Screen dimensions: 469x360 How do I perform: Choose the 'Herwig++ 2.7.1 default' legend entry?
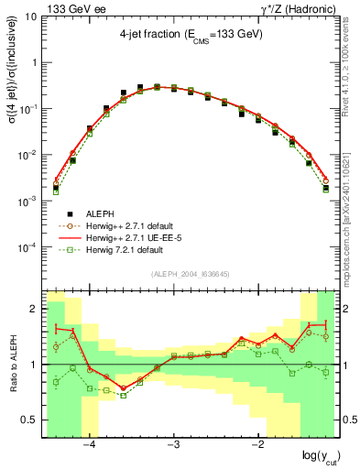pos(134,224)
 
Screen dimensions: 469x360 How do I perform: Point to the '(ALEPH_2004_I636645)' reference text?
pos(191,275)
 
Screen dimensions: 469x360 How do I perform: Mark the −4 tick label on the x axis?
pos(89,447)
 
